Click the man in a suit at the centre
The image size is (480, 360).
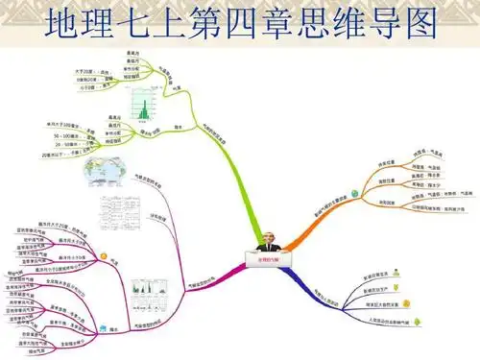(x=265, y=241)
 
